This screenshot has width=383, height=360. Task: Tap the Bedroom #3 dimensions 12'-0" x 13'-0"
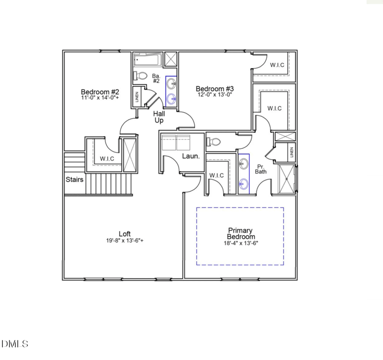[215, 95]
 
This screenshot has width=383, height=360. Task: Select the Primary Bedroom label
[241, 233]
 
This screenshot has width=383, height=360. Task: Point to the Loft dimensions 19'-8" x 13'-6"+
[125, 241]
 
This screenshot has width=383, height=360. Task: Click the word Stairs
[75, 180]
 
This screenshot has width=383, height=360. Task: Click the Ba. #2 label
[156, 79]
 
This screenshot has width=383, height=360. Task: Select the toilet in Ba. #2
[140, 75]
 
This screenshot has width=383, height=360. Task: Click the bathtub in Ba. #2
[148, 60]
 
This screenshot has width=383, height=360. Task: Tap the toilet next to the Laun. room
[214, 142]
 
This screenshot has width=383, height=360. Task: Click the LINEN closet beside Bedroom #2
[137, 97]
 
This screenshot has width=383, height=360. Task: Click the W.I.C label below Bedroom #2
[106, 159]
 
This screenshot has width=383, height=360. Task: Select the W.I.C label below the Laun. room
[216, 175]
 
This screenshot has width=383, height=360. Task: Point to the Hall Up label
[159, 117]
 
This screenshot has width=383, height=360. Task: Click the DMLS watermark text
[15, 344]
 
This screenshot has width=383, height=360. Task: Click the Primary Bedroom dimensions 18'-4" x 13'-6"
[241, 243]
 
